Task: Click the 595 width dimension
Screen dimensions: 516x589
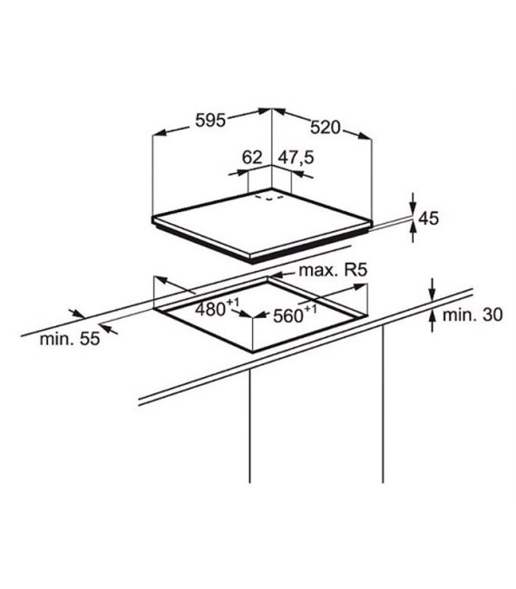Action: (210, 121)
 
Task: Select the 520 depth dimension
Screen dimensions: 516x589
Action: (325, 128)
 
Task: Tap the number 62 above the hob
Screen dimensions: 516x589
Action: (251, 158)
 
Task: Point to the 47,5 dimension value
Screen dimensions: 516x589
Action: (296, 158)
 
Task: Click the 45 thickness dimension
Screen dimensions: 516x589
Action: (428, 218)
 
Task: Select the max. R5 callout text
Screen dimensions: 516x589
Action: (333, 270)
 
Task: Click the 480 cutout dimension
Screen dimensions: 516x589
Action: (217, 308)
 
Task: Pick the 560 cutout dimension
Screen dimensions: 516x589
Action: (295, 314)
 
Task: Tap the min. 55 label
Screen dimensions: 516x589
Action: (70, 339)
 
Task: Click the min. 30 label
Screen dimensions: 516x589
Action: (472, 314)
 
